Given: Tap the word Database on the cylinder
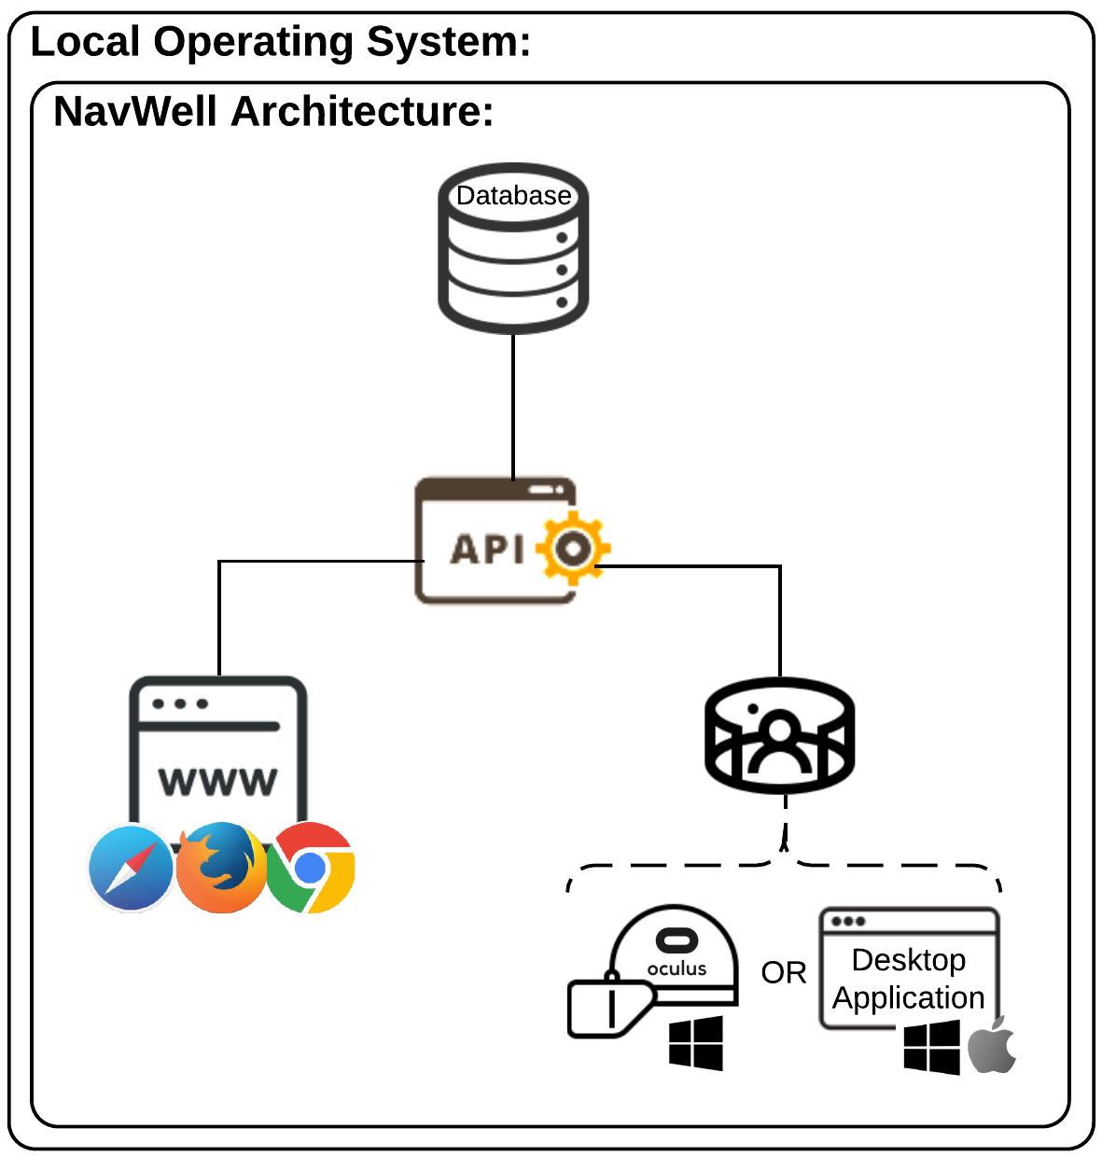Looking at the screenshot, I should click(513, 195).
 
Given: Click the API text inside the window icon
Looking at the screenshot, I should click(487, 549).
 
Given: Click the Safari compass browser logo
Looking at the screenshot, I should click(131, 868).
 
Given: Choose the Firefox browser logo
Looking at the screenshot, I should click(221, 868).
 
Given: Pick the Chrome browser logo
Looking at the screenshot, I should click(311, 868).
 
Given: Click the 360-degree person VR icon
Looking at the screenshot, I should click(779, 736).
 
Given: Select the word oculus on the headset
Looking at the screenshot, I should click(677, 968).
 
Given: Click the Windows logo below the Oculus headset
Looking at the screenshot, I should click(696, 1042).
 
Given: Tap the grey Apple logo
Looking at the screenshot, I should click(992, 1046).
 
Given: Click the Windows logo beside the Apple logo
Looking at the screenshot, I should click(932, 1047).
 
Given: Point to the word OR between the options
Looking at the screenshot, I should click(784, 973).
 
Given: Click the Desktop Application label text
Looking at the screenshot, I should click(909, 979).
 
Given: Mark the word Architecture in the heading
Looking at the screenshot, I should click(362, 112).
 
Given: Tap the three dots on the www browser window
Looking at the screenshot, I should click(180, 703).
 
